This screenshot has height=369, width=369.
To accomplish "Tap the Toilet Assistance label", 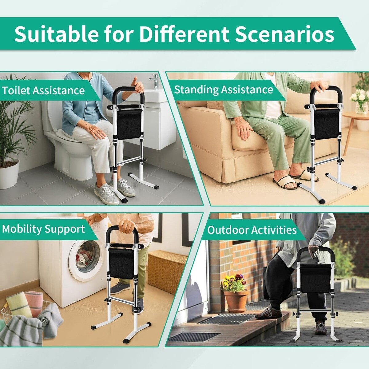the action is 43,90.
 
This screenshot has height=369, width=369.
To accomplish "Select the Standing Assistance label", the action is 224,89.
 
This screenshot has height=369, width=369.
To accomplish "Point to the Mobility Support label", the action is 43,229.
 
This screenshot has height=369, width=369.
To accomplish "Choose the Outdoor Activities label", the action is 252,230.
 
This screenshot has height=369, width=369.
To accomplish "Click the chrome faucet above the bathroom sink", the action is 155,81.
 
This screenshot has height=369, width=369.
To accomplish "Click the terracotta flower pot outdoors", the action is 236,301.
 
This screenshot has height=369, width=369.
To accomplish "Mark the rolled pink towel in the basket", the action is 34,303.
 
